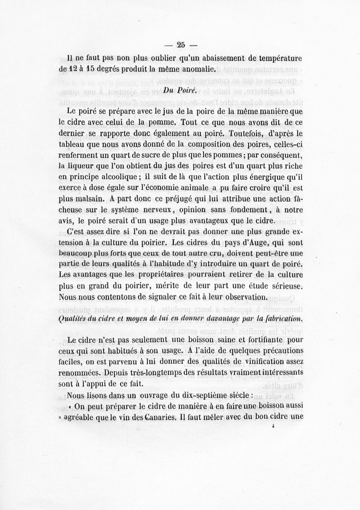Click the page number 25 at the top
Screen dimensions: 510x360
[181, 45]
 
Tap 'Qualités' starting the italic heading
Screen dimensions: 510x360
[73, 319]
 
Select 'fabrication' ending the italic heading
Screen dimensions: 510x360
[282, 319]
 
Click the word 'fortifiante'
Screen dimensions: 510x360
[263, 340]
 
